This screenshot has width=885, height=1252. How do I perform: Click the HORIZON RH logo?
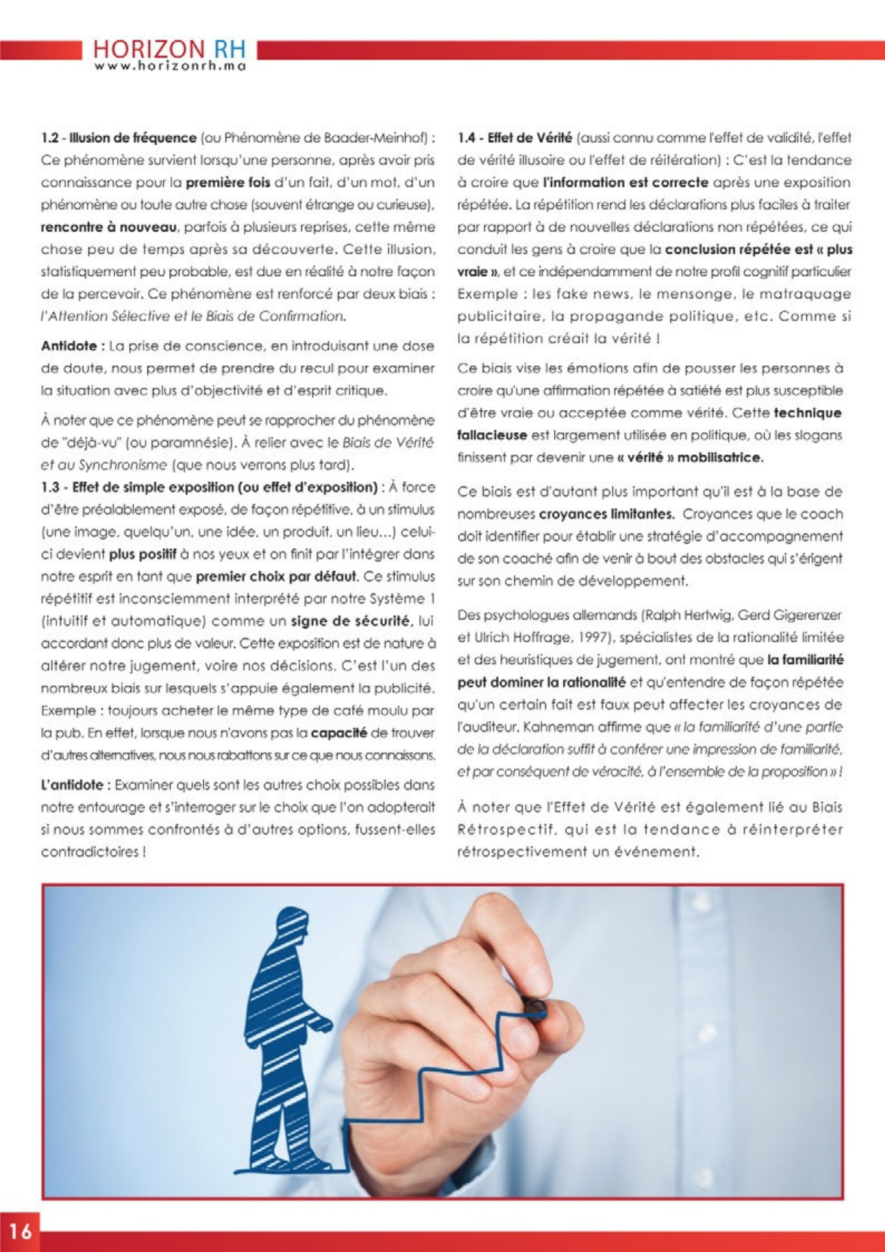point(169,49)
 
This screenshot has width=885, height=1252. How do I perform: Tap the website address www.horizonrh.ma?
point(170,67)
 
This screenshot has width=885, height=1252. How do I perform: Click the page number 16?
point(20,1231)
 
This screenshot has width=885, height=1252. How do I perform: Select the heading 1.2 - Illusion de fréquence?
point(118,138)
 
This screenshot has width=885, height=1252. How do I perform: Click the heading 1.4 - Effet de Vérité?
point(514,138)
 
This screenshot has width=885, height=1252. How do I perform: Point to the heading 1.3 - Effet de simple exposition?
point(208,487)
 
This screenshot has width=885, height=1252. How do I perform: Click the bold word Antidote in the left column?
point(72,346)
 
